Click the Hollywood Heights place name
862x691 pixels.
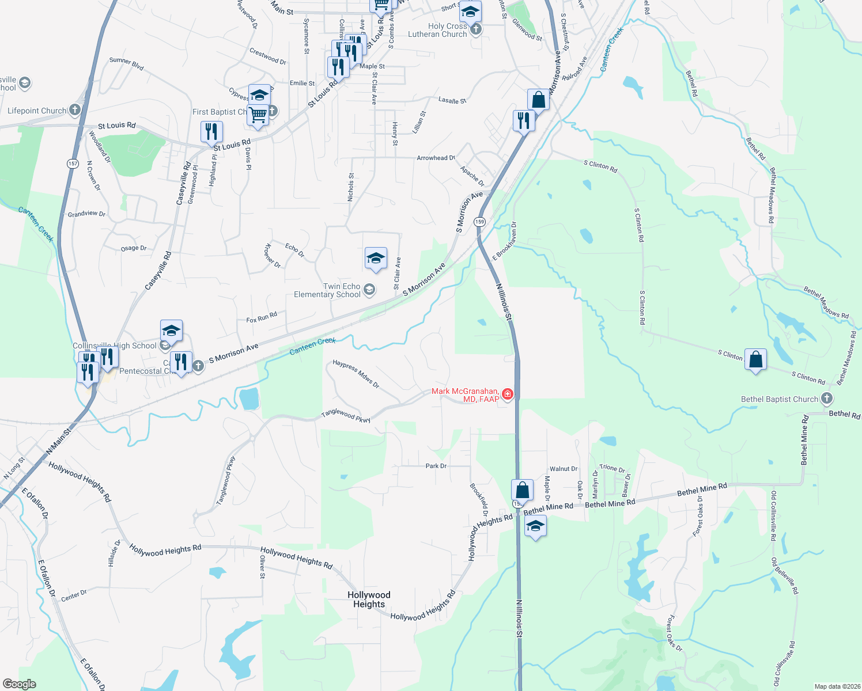pyautogui.click(x=369, y=599)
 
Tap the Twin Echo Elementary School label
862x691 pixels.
pyautogui.click(x=327, y=290)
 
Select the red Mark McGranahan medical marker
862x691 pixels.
pyautogui.click(x=508, y=394)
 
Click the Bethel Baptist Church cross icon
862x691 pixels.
pyautogui.click(x=826, y=398)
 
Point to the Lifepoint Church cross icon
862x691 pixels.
pyautogui.click(x=74, y=110)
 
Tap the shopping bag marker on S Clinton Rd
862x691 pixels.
pyautogui.click(x=755, y=360)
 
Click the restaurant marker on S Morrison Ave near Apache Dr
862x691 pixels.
pyautogui.click(x=523, y=122)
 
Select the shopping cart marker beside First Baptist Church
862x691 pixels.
pyautogui.click(x=258, y=115)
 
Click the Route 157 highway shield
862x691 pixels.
pyautogui.click(x=73, y=164)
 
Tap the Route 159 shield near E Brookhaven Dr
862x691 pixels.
pyautogui.click(x=479, y=222)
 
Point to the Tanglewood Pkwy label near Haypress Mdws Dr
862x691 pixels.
pyautogui.click(x=346, y=416)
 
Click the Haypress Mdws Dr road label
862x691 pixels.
pyautogui.click(x=356, y=374)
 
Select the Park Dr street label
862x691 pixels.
pyautogui.click(x=436, y=466)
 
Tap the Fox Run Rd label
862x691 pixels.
pyautogui.click(x=262, y=317)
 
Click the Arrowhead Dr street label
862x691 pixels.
pyautogui.click(x=436, y=158)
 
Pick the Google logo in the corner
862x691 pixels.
pyautogui.click(x=19, y=684)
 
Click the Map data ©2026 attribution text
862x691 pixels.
pyautogui.click(x=835, y=686)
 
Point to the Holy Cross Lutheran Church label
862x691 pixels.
pyautogui.click(x=438, y=30)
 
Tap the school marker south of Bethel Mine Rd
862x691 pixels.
pyautogui.click(x=535, y=526)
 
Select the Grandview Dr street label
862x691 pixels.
pyautogui.click(x=86, y=214)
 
